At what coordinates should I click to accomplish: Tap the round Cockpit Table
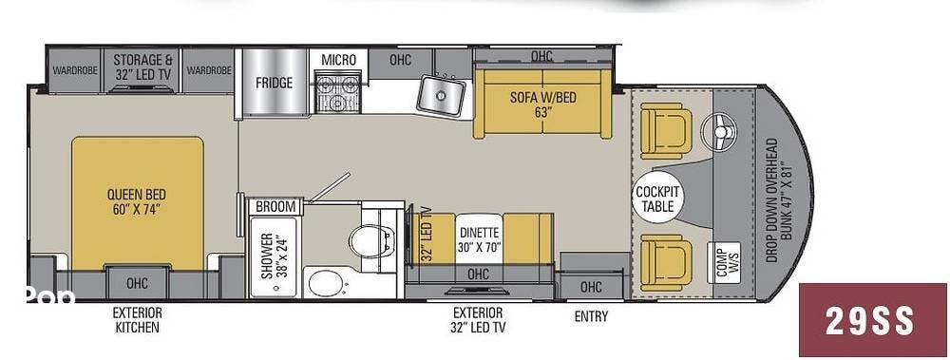pos(658,199)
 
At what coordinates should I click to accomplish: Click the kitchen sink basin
pos(441,94)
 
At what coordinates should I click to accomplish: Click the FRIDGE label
pos(274,83)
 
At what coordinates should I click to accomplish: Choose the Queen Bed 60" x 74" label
pos(136,201)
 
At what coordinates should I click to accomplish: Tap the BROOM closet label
pos(275,207)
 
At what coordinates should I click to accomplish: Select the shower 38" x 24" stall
pos(274,256)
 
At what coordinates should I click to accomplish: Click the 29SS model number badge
pos(872,319)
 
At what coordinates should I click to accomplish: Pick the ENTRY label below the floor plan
pos(591,316)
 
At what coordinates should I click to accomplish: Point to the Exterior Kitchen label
pos(137,320)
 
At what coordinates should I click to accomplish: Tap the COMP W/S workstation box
pos(724,263)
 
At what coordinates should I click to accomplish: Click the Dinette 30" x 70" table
pos(479,238)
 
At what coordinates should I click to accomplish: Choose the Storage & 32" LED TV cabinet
pos(143,70)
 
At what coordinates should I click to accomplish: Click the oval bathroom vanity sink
pos(327,282)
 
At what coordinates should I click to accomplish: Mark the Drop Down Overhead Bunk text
pos(778,200)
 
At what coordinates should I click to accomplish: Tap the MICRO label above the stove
pos(339,60)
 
